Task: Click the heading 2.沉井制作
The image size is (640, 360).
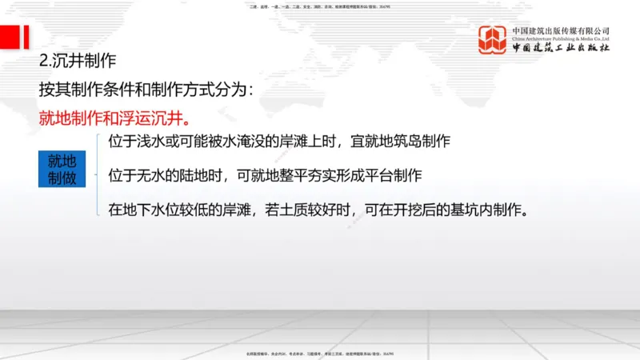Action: (x=78, y=60)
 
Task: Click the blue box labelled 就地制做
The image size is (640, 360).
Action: (x=62, y=169)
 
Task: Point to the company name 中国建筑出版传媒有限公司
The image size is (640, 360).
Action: (x=561, y=30)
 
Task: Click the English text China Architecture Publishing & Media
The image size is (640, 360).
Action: (x=561, y=38)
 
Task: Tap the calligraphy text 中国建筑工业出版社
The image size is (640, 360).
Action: (x=561, y=49)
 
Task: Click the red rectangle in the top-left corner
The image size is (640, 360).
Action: (x=14, y=36)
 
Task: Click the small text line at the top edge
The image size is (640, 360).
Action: (x=320, y=6)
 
